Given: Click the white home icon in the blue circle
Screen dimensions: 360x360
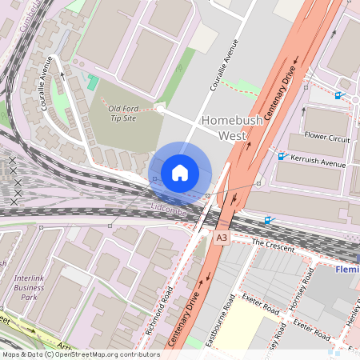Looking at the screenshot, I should click(180, 173).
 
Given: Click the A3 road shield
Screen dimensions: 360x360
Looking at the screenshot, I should click(222, 238).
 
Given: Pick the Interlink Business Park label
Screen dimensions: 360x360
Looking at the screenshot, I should click(30, 287).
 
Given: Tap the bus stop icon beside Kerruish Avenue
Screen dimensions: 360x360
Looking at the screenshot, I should click(280, 156).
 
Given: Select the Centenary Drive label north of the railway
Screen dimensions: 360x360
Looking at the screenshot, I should click(281, 88).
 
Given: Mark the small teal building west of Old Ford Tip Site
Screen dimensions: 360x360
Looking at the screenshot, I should click(93, 82).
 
